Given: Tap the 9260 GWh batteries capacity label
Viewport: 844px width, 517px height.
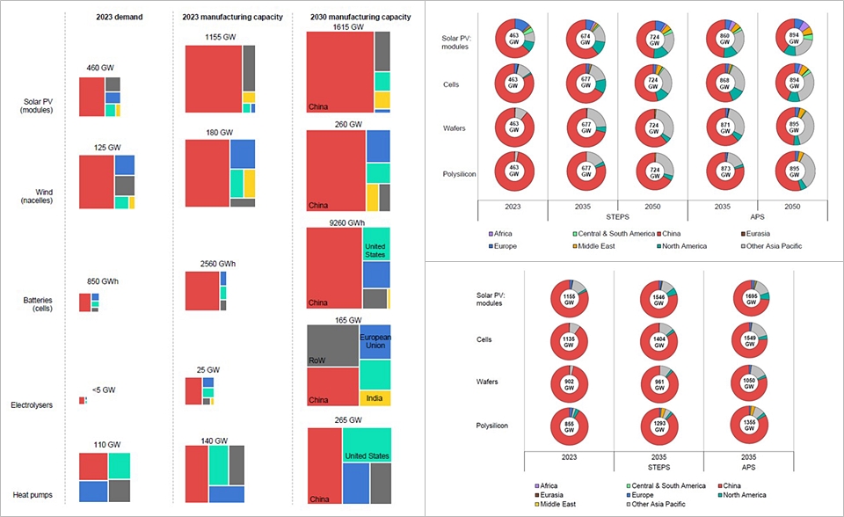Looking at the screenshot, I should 348,223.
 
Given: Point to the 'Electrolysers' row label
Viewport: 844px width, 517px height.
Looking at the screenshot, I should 32,405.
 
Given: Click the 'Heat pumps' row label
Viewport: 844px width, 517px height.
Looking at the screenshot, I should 32,495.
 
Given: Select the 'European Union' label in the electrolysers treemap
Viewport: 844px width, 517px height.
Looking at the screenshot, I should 375,341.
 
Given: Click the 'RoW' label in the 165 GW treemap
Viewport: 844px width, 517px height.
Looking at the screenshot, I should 317,360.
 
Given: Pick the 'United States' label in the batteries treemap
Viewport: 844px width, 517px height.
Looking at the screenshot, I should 375,251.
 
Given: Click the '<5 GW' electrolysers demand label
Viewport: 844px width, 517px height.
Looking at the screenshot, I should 104,390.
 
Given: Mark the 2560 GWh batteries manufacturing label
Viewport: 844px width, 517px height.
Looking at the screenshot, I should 208,263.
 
